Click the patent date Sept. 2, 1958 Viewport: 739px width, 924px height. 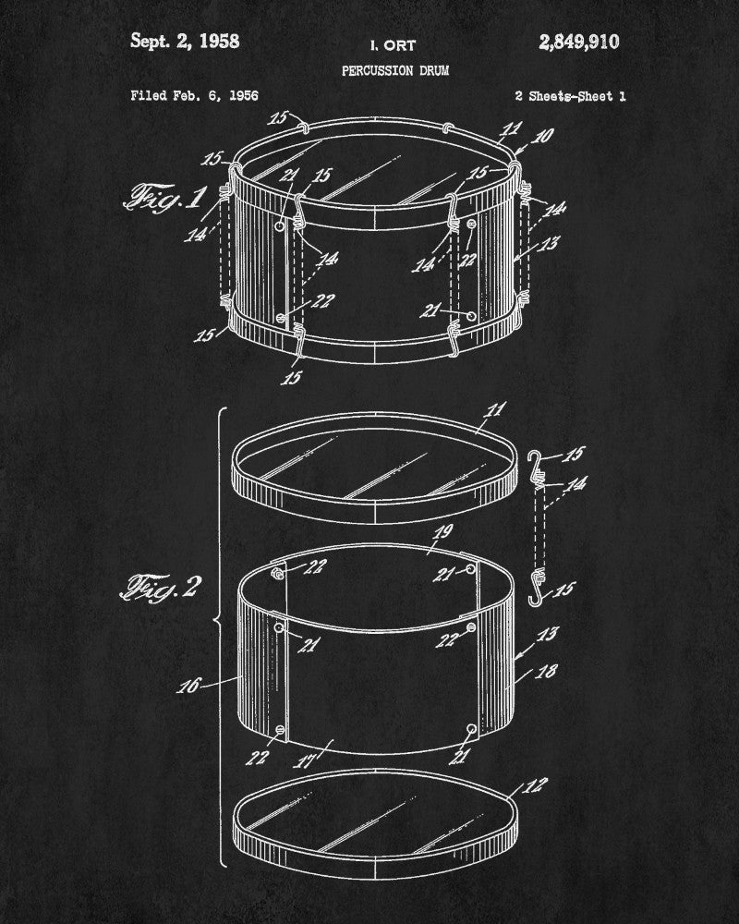coord(185,42)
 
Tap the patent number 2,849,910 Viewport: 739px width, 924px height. coord(578,42)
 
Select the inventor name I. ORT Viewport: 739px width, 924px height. coord(394,45)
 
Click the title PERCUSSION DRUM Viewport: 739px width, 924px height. coord(395,71)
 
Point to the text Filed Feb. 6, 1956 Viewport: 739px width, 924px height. coord(195,95)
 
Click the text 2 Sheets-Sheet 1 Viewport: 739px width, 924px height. coord(570,96)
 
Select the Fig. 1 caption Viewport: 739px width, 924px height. coord(165,197)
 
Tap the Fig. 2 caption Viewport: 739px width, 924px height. coord(161,588)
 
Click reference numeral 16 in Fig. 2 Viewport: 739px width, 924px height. coord(189,686)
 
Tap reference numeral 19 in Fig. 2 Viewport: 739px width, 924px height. coord(442,532)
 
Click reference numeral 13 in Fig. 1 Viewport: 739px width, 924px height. coord(549,243)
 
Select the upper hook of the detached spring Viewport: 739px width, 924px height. coord(534,461)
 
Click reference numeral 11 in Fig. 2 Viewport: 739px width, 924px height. coord(495,409)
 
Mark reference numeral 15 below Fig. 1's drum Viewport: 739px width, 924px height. coord(291,377)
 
